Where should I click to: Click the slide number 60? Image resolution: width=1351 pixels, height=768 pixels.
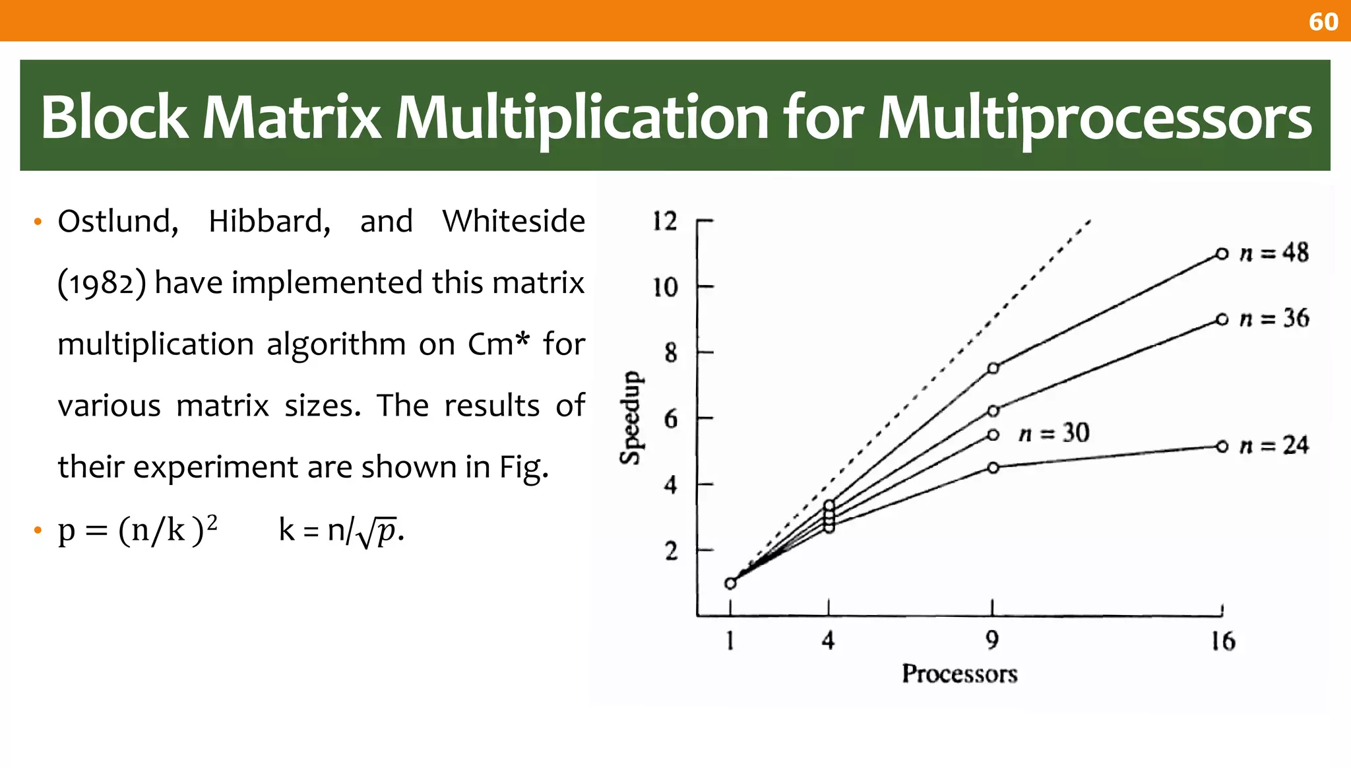click(1323, 22)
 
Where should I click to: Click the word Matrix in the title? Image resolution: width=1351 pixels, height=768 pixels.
click(291, 117)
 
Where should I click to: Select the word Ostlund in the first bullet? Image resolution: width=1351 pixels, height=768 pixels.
click(117, 222)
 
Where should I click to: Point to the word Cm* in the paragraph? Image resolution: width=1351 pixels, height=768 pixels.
click(498, 344)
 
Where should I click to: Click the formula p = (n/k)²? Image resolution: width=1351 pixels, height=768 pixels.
click(137, 530)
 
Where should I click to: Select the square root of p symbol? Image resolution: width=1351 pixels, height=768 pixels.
click(377, 532)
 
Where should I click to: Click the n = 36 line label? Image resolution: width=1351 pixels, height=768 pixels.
click(1274, 319)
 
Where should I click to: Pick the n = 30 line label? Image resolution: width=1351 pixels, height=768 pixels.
click(1053, 433)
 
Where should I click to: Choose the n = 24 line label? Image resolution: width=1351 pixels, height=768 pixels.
click(1274, 445)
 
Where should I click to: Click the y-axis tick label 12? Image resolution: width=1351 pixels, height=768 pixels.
click(665, 221)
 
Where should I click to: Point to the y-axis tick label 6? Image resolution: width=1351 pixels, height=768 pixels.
click(670, 419)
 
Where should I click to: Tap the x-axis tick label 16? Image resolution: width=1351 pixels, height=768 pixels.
click(1222, 641)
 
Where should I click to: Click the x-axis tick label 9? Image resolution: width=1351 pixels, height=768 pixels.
click(992, 640)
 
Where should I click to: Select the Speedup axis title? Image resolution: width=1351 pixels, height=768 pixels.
click(631, 418)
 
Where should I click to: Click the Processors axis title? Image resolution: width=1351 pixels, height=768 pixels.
click(959, 674)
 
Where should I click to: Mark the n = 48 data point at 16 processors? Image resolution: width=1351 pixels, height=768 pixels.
click(1222, 253)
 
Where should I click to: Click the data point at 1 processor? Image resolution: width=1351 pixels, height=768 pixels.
click(730, 583)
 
